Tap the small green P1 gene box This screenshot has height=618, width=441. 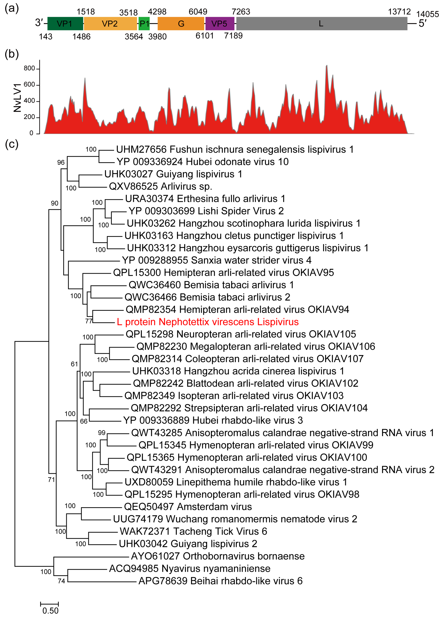144,24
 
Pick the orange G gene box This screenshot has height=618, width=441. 181,24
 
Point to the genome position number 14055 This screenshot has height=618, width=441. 427,14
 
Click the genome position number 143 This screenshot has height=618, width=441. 46,37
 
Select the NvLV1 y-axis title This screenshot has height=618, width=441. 17,98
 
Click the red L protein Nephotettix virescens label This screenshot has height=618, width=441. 208,322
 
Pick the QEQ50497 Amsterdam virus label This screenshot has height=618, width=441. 188,507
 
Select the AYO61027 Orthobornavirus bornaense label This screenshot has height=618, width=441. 218,556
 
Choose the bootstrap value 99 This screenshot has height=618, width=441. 102,433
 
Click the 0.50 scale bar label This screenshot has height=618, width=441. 50,611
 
